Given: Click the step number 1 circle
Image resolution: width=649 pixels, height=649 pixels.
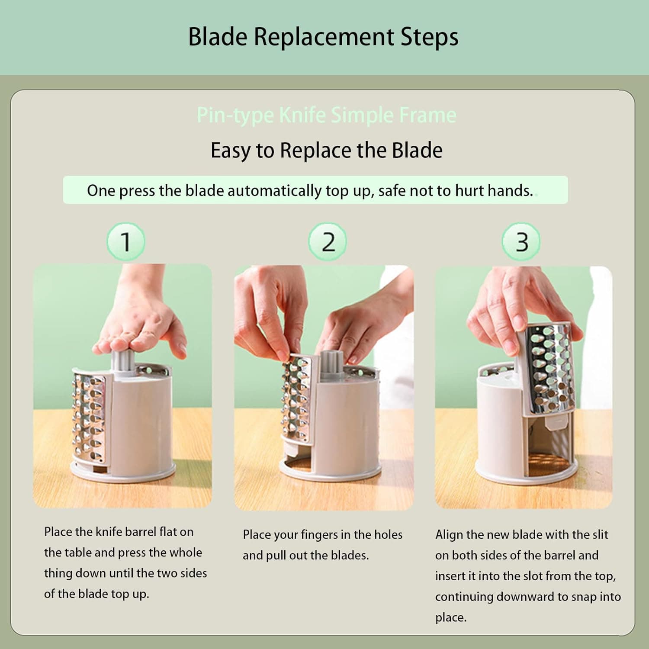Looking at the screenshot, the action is point(125,241).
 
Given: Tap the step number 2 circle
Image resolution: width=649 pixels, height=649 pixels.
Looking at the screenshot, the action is point(328,241).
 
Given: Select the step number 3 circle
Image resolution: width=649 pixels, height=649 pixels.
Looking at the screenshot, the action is point(521,241).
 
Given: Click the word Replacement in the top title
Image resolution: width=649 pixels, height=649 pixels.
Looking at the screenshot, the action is point(324,37).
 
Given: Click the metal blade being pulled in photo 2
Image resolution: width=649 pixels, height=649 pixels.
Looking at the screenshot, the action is point(297,398).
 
